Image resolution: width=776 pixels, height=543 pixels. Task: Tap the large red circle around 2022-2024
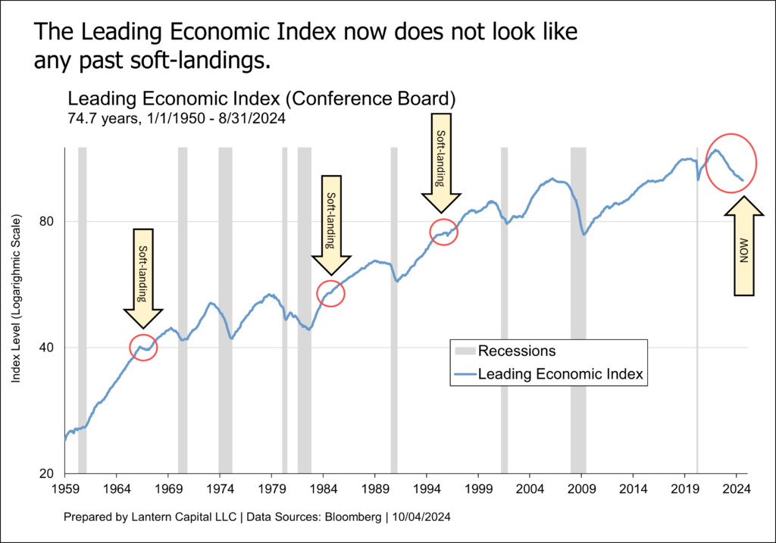(x=731, y=162)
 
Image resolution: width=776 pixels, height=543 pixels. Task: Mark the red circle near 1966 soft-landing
(x=143, y=347)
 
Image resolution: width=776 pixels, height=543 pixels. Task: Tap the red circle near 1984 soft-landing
(x=330, y=293)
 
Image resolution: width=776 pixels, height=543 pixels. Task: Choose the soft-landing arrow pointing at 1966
(x=143, y=276)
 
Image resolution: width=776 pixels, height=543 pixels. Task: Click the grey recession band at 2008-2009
(x=579, y=311)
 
